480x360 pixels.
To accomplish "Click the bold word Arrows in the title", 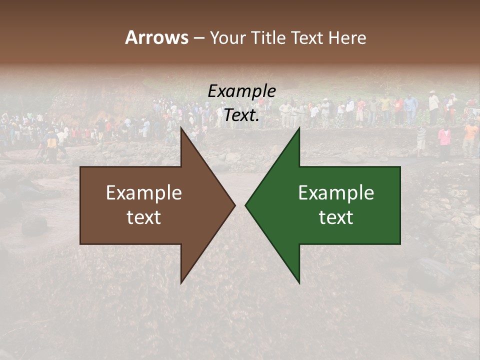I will point(156,37).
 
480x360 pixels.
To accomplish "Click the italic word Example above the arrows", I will point(241,91).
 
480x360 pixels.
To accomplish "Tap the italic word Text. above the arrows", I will point(241,115).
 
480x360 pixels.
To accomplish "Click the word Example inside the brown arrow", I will point(144,193).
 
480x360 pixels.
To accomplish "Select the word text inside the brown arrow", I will point(144,217).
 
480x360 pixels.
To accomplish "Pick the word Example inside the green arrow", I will point(336,193).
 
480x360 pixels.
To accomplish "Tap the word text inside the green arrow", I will point(336,217).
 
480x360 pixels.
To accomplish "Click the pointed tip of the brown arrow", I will point(234,205).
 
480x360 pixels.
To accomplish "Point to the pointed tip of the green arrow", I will point(245,205).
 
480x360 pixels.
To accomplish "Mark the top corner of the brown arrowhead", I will point(181,128).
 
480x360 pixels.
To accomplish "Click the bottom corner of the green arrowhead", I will point(299,283).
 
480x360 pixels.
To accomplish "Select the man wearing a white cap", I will point(433,102).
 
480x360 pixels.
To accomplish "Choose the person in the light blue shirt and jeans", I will point(410,108).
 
